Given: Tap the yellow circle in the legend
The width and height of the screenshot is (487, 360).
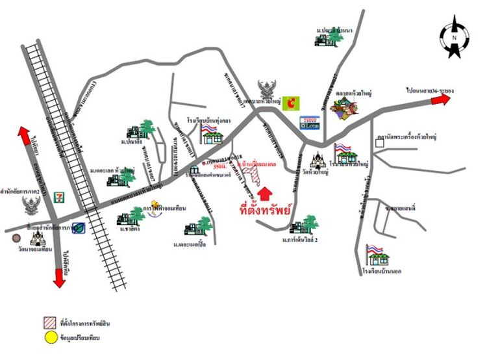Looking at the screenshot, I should click(x=50, y=337).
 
